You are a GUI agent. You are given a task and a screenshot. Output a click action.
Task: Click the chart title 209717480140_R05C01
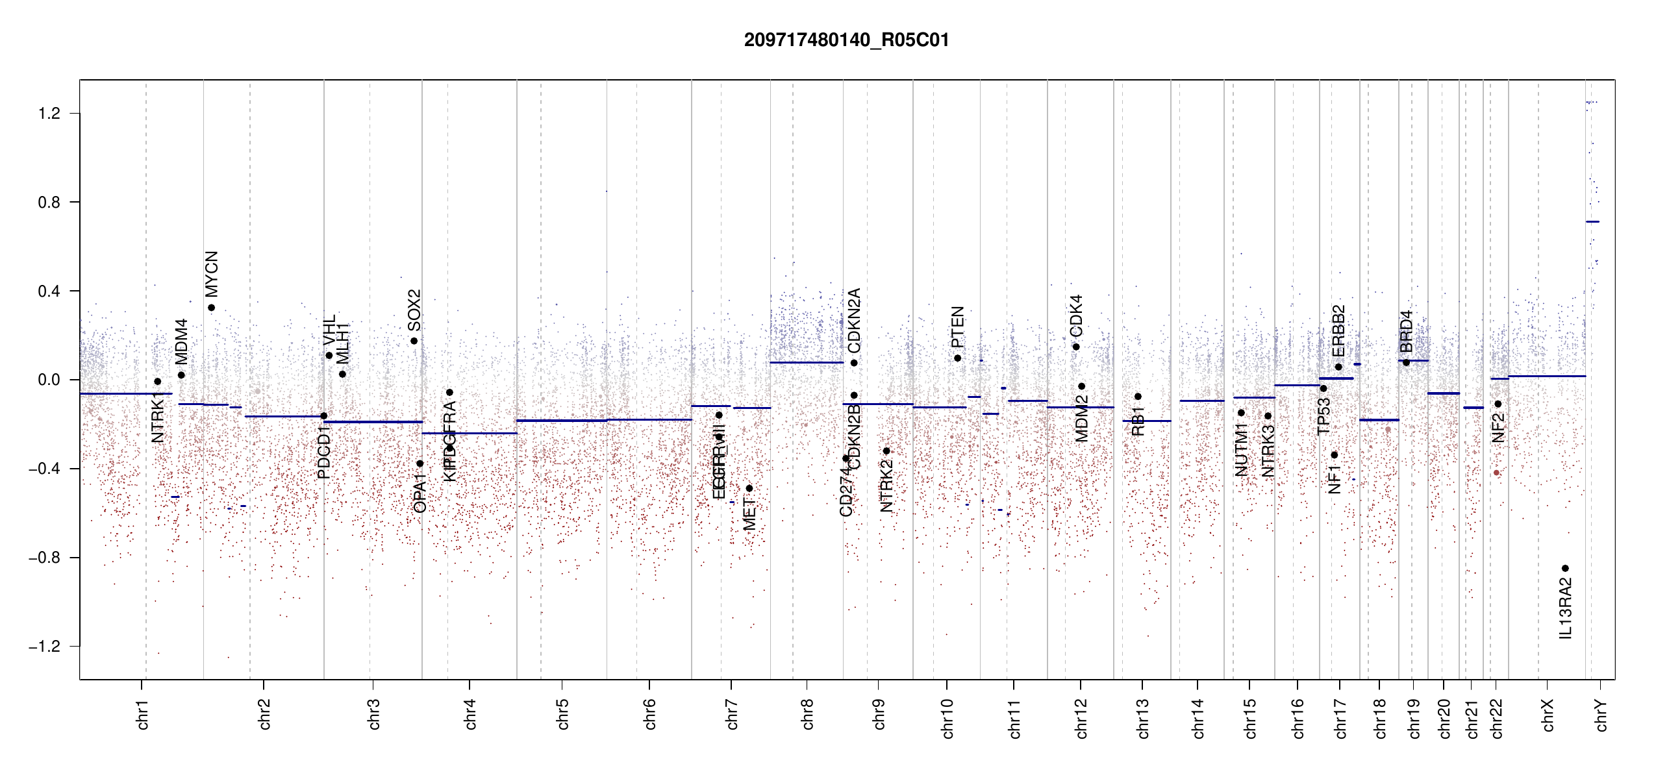click(846, 40)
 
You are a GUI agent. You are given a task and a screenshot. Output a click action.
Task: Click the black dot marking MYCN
click(211, 308)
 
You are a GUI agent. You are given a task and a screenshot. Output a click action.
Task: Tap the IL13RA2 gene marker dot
click(1565, 568)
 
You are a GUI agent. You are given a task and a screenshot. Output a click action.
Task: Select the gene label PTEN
click(957, 327)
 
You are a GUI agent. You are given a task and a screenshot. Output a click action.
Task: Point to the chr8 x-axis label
click(807, 714)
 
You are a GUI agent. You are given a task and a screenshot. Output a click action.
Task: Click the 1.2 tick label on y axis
click(49, 114)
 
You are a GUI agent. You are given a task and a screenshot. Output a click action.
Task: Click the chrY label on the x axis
click(1601, 715)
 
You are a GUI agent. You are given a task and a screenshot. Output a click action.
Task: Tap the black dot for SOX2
click(414, 341)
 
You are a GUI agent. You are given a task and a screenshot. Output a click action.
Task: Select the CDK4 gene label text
click(1076, 315)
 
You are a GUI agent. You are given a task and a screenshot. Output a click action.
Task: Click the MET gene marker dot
click(749, 488)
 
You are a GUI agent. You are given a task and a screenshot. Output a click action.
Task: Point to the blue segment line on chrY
click(1592, 222)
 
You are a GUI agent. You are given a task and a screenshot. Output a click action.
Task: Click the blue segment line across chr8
click(807, 362)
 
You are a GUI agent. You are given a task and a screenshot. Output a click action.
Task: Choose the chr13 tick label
click(1142, 718)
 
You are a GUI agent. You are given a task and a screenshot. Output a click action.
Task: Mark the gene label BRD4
click(1406, 331)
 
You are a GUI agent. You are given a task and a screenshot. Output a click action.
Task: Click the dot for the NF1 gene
click(1334, 455)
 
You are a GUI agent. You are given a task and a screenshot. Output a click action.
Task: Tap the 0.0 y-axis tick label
click(49, 380)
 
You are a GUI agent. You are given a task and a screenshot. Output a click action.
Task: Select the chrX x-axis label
click(1548, 715)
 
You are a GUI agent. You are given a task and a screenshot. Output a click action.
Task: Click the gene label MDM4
click(181, 341)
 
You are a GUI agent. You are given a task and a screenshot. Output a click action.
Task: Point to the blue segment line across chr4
click(469, 433)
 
